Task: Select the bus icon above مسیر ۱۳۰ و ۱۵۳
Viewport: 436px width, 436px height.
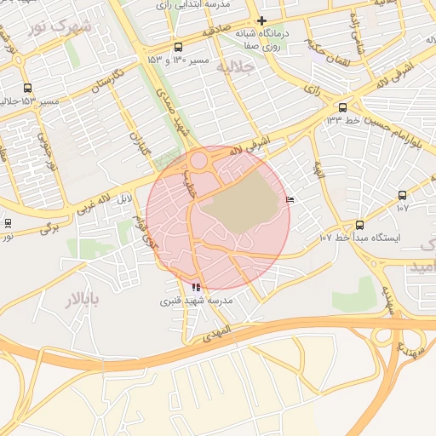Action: pos(177,48)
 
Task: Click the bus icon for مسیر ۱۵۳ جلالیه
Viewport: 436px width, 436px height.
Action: pos(28,89)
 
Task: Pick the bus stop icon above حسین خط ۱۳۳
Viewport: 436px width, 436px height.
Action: pos(342,107)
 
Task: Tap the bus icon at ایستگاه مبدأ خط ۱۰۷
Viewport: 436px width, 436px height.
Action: pos(359,226)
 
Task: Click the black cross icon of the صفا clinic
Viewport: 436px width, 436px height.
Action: pos(261,20)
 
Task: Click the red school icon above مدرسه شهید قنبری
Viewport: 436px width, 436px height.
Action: pos(198,288)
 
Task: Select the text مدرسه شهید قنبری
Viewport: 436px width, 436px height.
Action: pos(197,301)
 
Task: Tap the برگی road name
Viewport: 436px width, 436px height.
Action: pos(51,228)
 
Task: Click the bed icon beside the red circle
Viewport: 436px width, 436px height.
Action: pos(291,200)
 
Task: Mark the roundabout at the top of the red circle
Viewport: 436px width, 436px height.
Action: pos(201,160)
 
